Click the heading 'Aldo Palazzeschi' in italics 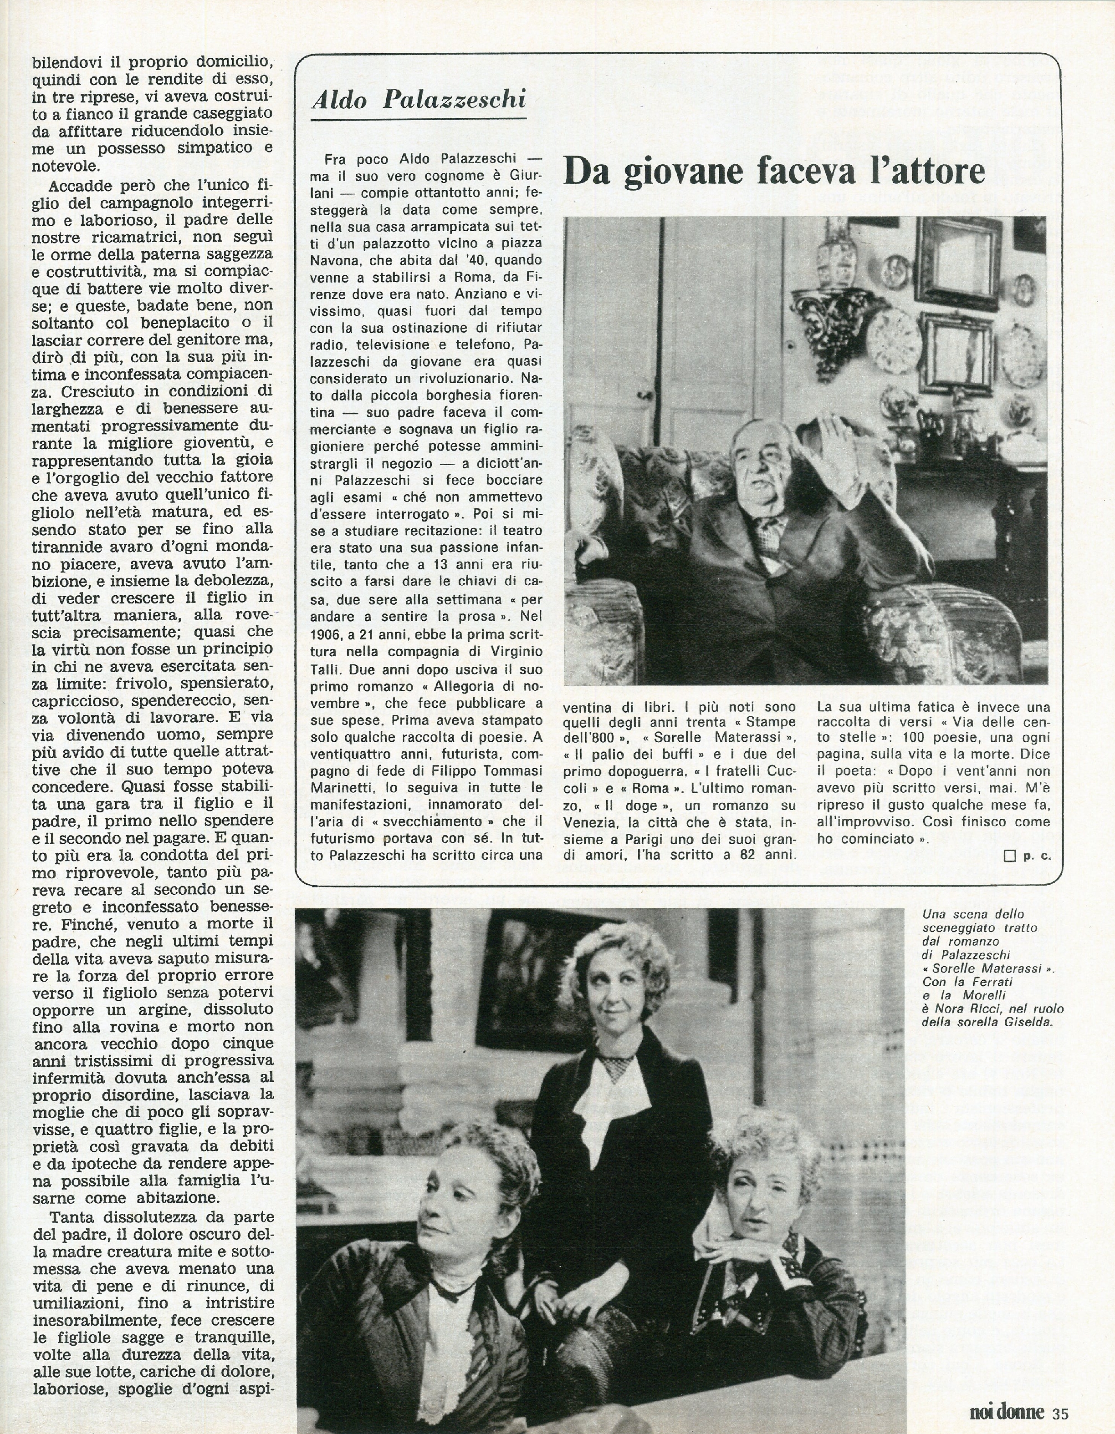419,99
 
